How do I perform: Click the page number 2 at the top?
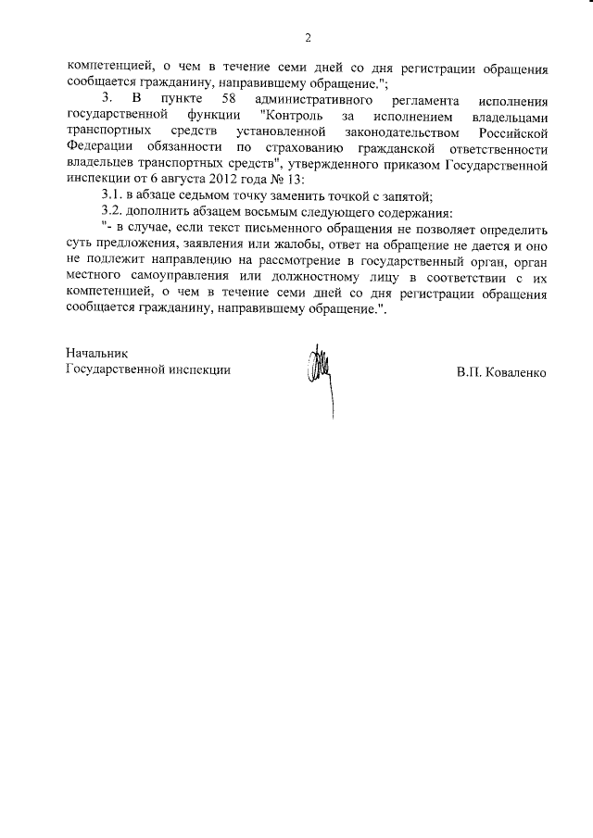click(307, 38)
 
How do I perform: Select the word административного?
click(320, 99)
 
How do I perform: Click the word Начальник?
click(95, 353)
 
